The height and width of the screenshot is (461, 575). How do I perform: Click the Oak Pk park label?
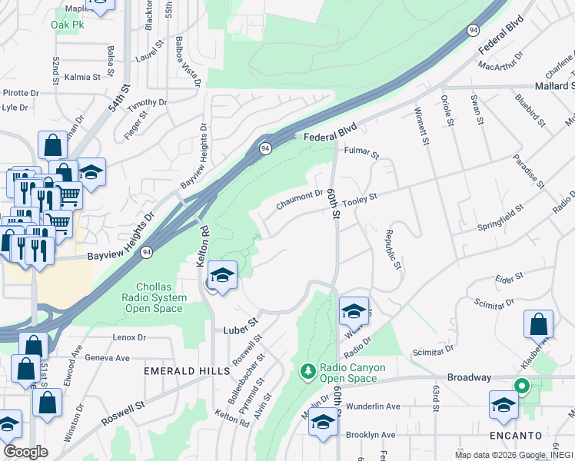(67, 25)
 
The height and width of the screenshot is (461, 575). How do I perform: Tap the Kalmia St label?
(82, 77)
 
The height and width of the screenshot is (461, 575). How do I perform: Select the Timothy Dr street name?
(147, 102)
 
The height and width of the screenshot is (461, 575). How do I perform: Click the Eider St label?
(509, 275)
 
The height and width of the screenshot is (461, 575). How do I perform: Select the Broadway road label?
(470, 377)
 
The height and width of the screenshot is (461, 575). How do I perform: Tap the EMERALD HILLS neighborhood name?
(186, 370)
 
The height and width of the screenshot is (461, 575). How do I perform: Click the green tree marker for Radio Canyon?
(308, 372)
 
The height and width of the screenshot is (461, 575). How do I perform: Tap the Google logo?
(25, 451)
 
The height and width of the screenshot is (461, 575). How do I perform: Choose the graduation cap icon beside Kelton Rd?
(221, 277)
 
